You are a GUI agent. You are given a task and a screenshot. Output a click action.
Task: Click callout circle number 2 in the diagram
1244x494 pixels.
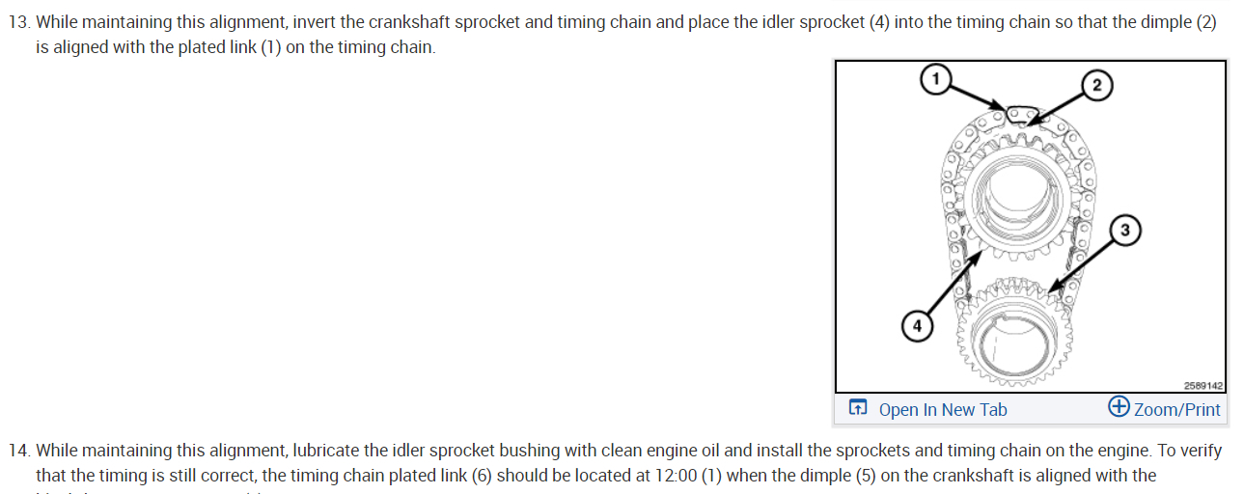tap(1097, 85)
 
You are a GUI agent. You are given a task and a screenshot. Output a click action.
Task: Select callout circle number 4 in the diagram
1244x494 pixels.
tap(916, 327)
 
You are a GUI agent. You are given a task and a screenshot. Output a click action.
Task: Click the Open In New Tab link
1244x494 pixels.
tap(942, 410)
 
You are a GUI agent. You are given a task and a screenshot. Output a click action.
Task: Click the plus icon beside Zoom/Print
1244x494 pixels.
tap(1120, 407)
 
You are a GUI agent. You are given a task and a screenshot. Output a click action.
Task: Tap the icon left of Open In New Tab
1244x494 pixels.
tap(858, 409)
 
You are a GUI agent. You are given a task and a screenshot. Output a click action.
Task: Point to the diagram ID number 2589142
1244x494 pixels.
tap(1202, 386)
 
